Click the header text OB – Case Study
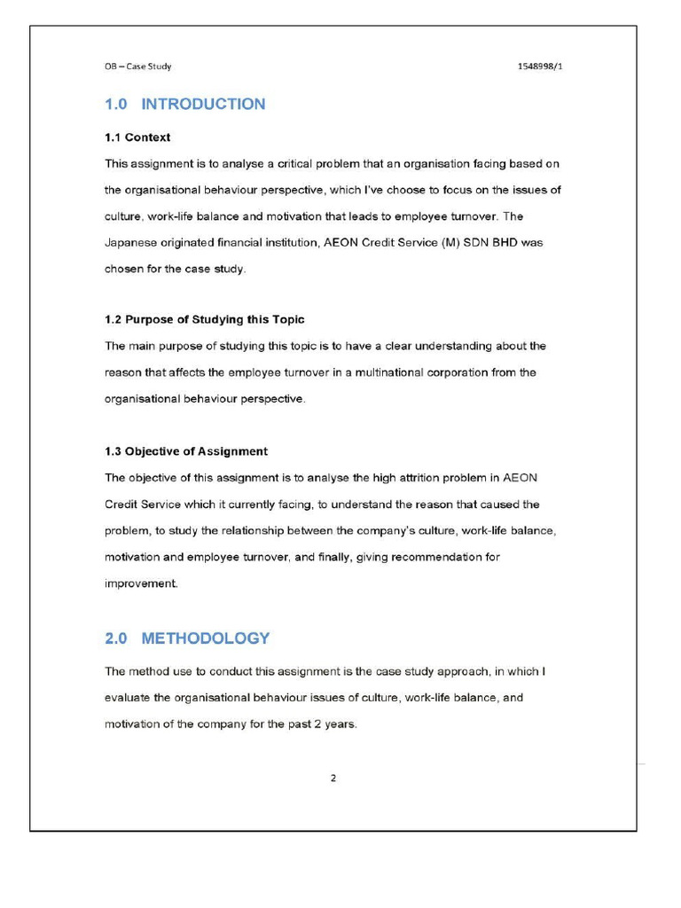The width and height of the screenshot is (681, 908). coord(137,66)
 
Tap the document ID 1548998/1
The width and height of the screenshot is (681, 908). coord(539,66)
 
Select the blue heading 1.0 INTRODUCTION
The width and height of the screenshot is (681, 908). coord(184,105)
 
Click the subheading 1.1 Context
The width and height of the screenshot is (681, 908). coord(137,137)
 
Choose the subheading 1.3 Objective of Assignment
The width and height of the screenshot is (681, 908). coord(186,451)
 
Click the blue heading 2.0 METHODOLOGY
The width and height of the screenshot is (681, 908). coord(187,638)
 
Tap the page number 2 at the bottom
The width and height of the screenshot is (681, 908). coord(333,779)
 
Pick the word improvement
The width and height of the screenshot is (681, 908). coord(141,583)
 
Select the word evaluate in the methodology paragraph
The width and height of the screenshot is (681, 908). coord(129,698)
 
